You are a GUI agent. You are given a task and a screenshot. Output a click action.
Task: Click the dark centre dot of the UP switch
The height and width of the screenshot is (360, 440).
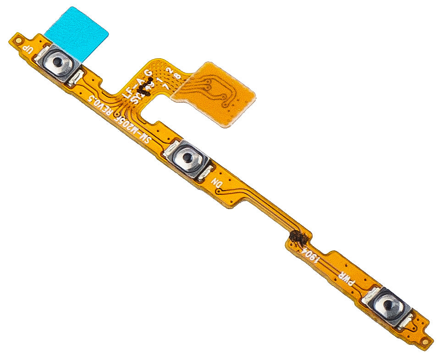click(57, 61)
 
